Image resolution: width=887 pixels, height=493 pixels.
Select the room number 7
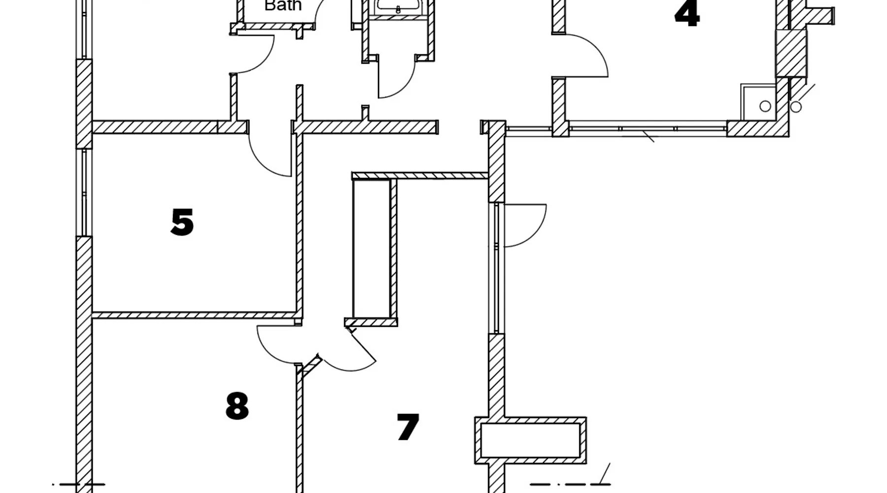408,427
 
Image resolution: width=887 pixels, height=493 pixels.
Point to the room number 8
237,406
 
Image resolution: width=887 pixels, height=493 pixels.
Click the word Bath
283,6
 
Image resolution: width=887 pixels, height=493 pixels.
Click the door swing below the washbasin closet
397,79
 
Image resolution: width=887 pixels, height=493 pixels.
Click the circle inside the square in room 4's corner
765,106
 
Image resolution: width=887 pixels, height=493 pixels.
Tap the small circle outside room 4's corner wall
796,106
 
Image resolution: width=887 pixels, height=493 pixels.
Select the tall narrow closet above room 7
372,249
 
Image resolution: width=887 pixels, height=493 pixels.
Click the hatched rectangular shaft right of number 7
530,441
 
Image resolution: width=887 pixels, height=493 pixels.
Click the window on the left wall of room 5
84,192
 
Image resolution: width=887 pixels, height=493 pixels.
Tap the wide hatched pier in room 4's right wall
791,53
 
